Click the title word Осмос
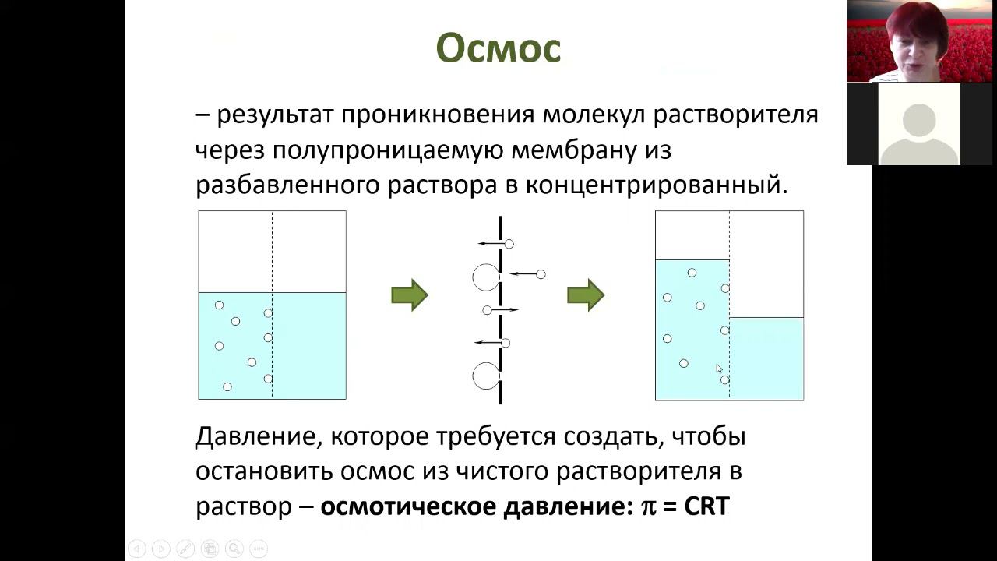coord(498,49)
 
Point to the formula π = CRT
coord(685,506)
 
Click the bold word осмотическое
coord(408,506)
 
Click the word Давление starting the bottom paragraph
coord(254,436)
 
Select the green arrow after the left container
coord(409,295)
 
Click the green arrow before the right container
coord(586,295)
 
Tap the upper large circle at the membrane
coord(486,277)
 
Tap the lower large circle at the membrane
coord(486,376)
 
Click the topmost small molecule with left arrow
coord(509,244)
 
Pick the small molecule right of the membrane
coord(541,274)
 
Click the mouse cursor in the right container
coord(719,368)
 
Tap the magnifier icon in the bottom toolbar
coord(234,549)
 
